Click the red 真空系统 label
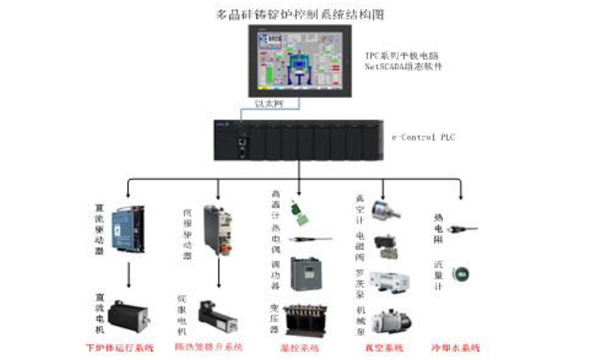[378, 347]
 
